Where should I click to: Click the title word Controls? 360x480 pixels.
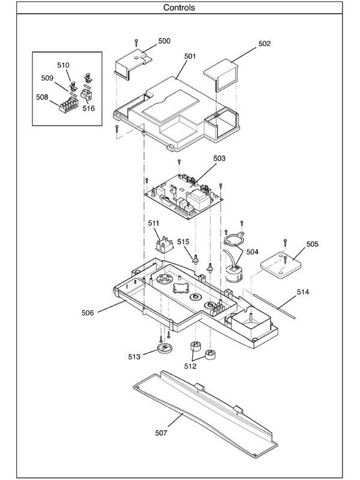179,8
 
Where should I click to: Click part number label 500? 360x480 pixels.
164,41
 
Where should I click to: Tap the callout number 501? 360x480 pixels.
190,56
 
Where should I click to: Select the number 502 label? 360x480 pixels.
265,44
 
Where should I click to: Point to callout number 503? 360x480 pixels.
219,158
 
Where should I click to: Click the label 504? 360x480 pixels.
252,252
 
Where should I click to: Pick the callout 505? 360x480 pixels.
312,244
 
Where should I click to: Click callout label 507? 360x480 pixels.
160,432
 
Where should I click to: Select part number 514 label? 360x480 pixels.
303,292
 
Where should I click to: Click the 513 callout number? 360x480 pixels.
133,356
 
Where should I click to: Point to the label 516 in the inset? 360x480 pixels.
88,109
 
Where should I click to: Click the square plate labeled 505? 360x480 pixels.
278,265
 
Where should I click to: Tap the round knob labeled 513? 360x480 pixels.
163,350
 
